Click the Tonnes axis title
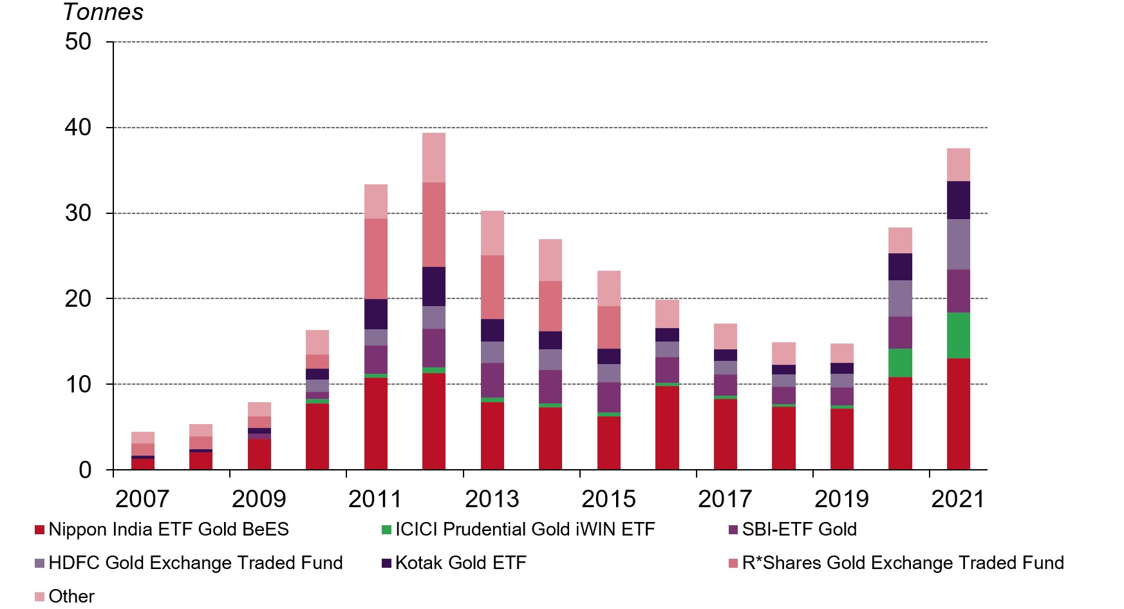103,12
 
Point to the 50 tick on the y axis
79,42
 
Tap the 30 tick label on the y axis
79,213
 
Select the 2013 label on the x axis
492,499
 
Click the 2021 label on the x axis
958,499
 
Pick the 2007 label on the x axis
142,499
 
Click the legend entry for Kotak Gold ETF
460,563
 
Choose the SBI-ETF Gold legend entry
799,529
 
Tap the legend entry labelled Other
71,596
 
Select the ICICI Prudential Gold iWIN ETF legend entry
525,529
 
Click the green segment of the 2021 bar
958,335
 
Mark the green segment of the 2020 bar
900,363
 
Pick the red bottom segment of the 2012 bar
434,421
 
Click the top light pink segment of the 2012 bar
434,157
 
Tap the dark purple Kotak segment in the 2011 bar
376,314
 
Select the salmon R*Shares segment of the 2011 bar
376,258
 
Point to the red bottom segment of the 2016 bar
667,427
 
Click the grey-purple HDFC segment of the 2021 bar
958,244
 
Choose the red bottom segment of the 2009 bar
259,454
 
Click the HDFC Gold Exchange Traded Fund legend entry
195,563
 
